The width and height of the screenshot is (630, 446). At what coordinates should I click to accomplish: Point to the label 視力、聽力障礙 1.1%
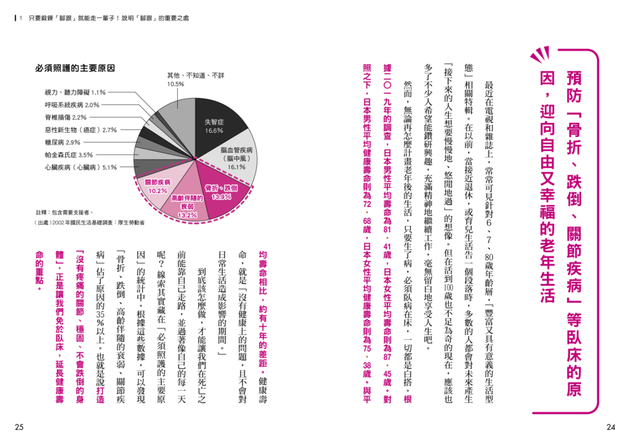(75, 92)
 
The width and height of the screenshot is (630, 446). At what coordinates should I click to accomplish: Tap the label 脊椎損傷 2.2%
(65, 117)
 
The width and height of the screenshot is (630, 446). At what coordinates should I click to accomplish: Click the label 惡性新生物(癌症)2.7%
(80, 129)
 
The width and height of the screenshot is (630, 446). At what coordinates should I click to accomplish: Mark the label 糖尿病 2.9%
(62, 142)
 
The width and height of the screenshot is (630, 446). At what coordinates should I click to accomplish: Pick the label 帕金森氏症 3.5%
(68, 154)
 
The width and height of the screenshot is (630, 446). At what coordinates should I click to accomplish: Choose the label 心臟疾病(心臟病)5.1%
(80, 167)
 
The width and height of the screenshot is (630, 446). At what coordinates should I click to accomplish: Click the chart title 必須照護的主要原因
(75, 69)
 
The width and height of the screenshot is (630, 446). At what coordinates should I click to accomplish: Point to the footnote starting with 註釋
(64, 211)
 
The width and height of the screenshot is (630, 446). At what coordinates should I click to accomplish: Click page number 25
(19, 427)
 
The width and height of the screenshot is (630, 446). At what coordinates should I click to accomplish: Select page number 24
(610, 427)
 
